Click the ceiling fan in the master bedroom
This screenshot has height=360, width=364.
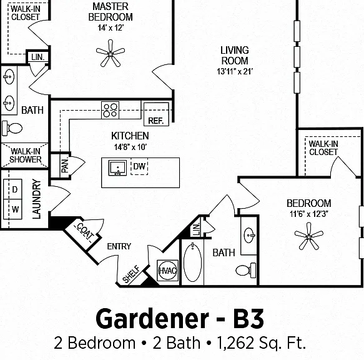[x=111, y=54]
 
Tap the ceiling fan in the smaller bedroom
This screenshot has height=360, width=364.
[x=309, y=236]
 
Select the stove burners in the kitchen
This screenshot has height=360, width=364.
[x=111, y=110]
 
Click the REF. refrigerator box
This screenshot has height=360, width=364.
[x=156, y=114]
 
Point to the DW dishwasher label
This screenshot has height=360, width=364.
[x=139, y=166]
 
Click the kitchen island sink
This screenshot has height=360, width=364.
[x=118, y=167]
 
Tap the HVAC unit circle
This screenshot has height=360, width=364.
[x=167, y=271]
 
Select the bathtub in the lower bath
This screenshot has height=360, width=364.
[x=192, y=262]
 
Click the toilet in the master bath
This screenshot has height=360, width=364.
[x=12, y=128]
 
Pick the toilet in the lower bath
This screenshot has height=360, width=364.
[x=245, y=270]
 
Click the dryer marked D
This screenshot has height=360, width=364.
[x=12, y=189]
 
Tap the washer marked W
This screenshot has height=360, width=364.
[x=12, y=209]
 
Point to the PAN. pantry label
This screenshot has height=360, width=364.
[x=65, y=166]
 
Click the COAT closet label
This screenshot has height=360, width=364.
[x=85, y=231]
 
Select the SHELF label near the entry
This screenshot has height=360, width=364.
[x=131, y=274]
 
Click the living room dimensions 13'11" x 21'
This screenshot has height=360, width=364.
[x=235, y=71]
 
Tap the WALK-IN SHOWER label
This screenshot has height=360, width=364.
[x=26, y=156]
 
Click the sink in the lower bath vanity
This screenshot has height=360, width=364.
[x=249, y=236]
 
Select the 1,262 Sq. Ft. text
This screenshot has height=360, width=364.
[x=261, y=343]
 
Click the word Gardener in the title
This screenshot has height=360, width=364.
[x=152, y=319]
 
